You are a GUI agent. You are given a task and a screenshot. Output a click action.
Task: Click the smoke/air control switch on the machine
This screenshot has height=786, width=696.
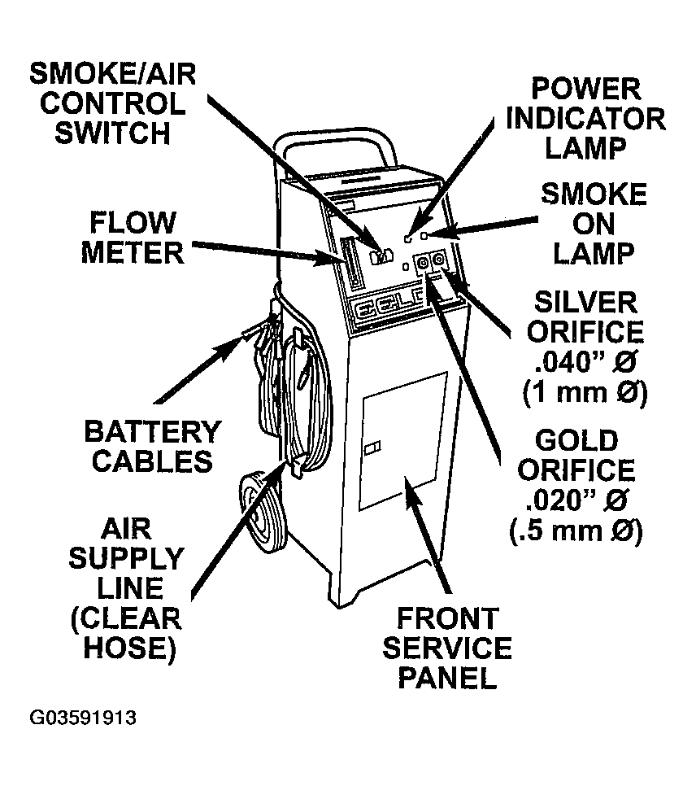378,256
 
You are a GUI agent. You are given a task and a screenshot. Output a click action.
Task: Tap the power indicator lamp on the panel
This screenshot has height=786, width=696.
409,238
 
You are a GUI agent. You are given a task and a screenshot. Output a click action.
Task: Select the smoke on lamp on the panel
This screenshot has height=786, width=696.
424,236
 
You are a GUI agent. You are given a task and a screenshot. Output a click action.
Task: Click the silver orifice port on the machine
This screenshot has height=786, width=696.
439,261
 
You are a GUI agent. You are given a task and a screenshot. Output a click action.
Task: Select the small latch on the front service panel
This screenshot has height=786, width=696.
372,448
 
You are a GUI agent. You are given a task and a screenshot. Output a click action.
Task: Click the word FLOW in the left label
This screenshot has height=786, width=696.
133,221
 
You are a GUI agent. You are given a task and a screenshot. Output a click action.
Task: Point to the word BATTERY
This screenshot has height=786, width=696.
153,431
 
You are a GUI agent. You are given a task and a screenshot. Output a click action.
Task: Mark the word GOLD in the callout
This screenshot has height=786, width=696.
576,441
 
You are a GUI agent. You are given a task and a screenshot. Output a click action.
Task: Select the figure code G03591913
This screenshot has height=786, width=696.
84,718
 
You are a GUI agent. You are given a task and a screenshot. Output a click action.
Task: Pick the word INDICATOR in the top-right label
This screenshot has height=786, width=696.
585,119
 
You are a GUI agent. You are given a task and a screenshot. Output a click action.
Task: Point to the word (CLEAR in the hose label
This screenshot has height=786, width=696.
125,618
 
